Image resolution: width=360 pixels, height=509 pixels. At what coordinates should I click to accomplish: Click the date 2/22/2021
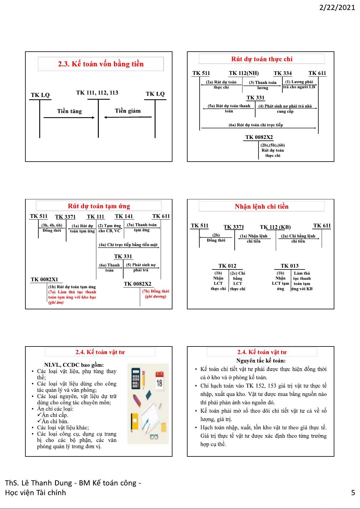pyautogui.click(x=337, y=7)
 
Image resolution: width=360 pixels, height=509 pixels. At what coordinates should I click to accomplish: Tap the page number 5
pyautogui.click(x=353, y=493)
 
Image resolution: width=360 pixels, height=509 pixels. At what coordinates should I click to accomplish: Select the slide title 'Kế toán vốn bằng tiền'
pyautogui.click(x=101, y=64)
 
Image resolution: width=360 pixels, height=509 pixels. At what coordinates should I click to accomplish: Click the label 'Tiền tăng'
pyautogui.click(x=69, y=111)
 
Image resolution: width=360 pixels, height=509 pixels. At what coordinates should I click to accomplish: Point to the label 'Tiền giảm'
pyautogui.click(x=127, y=111)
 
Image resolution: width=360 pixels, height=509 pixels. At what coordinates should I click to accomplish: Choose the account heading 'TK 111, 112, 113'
pyautogui.click(x=97, y=93)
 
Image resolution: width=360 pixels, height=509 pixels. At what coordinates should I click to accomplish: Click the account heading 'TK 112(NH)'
pyautogui.click(x=244, y=73)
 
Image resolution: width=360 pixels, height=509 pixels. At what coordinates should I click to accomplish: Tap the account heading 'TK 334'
pyautogui.click(x=283, y=73)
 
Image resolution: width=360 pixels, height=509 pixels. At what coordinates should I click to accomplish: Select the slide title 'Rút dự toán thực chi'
pyautogui.click(x=262, y=59)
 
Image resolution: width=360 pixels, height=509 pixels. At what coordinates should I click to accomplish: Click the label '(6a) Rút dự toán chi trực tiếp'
pyautogui.click(x=256, y=125)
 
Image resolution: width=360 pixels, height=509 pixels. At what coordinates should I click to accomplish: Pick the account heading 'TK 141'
pyautogui.click(x=124, y=216)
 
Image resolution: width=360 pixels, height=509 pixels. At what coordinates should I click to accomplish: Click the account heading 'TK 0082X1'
pyautogui.click(x=44, y=279)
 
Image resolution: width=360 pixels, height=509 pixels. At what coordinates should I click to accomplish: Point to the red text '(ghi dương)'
pyautogui.click(x=156, y=296)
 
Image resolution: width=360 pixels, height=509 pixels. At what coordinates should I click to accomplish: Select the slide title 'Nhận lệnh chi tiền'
pyautogui.click(x=262, y=207)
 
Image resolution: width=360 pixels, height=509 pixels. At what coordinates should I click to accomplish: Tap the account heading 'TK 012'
pyautogui.click(x=227, y=266)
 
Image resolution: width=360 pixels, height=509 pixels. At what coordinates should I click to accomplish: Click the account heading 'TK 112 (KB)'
pyautogui.click(x=275, y=227)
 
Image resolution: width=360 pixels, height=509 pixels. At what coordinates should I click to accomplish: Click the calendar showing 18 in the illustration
pyautogui.click(x=159, y=382)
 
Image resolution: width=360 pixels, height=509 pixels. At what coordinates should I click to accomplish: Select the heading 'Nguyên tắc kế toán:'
pyautogui.click(x=261, y=361)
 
